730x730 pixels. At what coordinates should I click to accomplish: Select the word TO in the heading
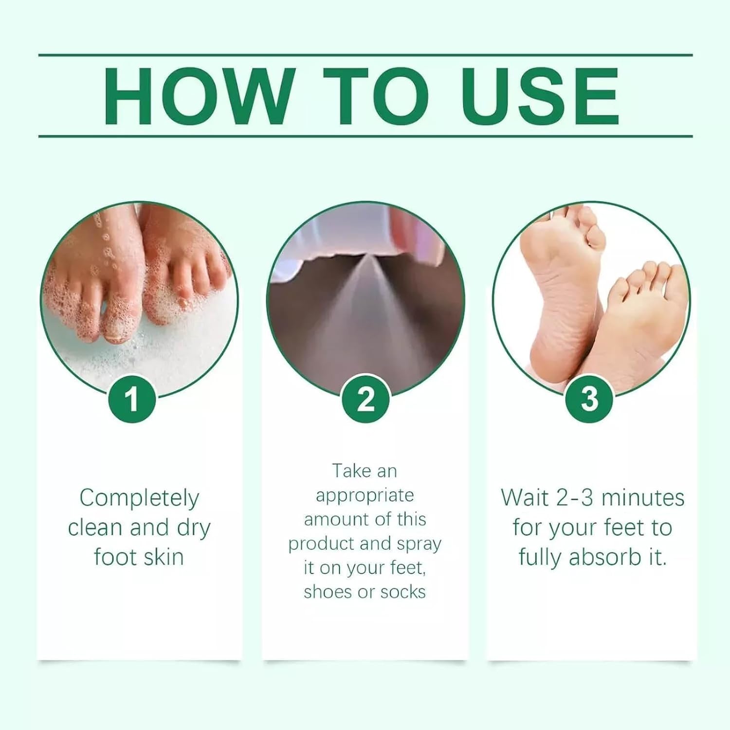[x=376, y=96]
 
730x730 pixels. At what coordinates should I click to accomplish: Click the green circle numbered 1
[x=132, y=400]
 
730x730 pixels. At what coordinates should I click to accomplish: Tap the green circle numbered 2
[x=366, y=400]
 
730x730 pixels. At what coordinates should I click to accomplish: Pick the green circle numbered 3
[x=589, y=400]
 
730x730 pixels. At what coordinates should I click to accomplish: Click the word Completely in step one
[x=139, y=498]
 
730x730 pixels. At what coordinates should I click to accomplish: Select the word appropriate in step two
[x=365, y=495]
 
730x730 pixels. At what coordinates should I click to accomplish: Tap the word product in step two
[x=321, y=544]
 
